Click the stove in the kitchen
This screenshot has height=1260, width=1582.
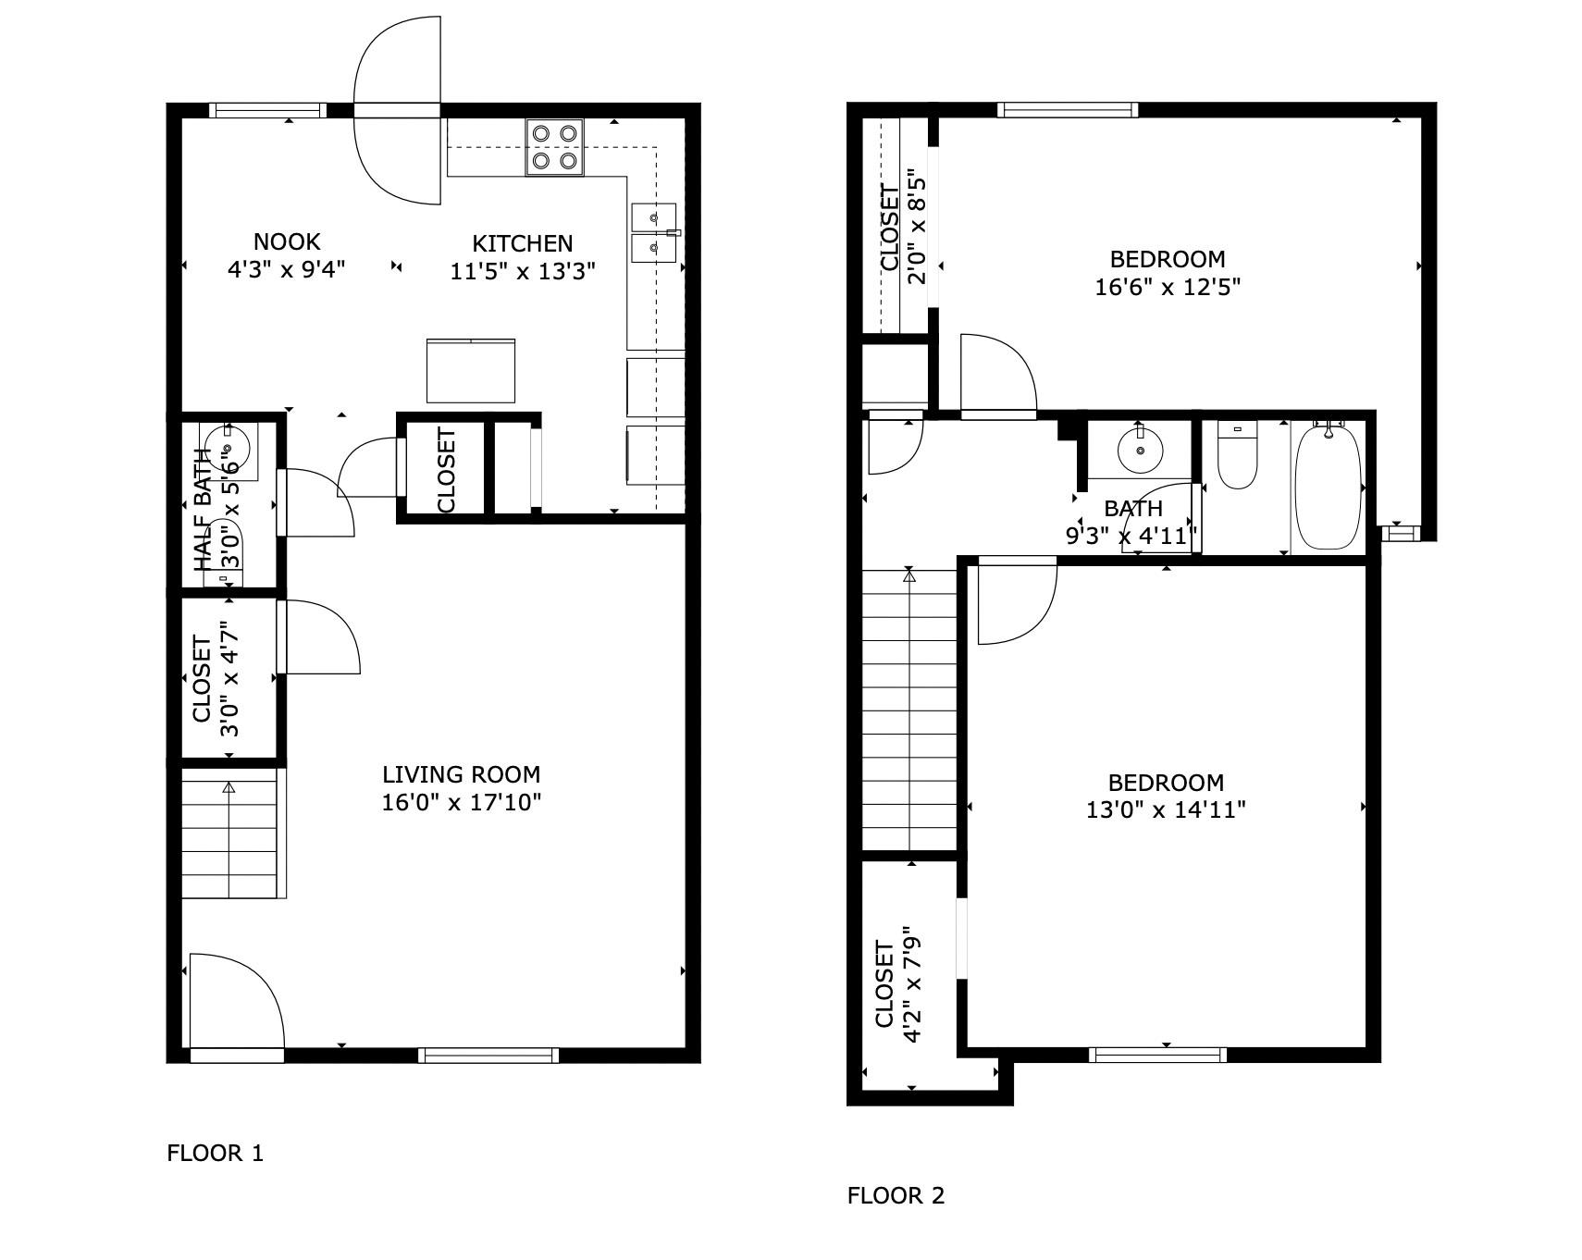554,147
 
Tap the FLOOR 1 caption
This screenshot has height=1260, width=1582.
215,1153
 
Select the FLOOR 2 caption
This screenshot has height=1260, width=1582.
896,1195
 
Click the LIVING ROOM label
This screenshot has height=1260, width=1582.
461,774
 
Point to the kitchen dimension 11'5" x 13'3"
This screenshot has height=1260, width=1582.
522,271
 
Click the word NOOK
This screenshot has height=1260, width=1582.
287,242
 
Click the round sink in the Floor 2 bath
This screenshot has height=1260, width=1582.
1141,450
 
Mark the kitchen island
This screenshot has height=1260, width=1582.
470,371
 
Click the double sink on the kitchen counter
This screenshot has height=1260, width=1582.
653,233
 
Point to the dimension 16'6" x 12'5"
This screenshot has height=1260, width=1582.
1167,287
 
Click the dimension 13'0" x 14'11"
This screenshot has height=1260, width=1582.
1165,809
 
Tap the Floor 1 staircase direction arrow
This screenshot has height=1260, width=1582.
229,788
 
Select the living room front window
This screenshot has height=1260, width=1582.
488,1055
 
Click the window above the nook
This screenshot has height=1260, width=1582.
267,110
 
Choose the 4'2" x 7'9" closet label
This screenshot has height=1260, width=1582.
897,985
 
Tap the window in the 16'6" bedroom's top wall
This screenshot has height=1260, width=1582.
1067,109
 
